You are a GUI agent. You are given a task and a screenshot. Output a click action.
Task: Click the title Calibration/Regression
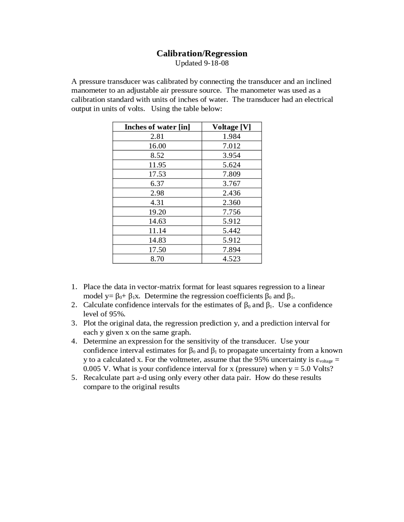point(202,53)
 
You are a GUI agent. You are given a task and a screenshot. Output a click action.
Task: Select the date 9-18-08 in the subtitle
point(216,63)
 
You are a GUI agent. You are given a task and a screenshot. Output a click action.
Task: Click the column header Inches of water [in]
point(157,127)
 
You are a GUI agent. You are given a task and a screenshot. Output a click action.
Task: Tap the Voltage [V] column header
point(231,127)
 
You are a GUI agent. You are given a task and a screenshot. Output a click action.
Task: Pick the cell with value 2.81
point(157,136)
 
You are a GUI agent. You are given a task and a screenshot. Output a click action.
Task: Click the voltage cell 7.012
point(231,146)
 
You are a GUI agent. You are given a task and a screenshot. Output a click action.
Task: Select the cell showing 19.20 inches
point(157,212)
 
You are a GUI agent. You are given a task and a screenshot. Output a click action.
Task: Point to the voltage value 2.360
point(231,202)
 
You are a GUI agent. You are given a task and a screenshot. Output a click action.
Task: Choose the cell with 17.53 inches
point(157,174)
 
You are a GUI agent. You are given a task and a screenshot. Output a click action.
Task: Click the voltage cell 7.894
point(231,250)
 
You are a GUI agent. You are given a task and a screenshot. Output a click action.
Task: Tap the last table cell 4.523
point(231,259)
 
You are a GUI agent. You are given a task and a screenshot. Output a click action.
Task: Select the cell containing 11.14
point(157,231)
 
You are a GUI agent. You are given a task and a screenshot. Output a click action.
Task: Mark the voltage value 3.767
point(231,183)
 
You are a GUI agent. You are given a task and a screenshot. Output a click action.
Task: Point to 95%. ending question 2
point(117,314)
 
